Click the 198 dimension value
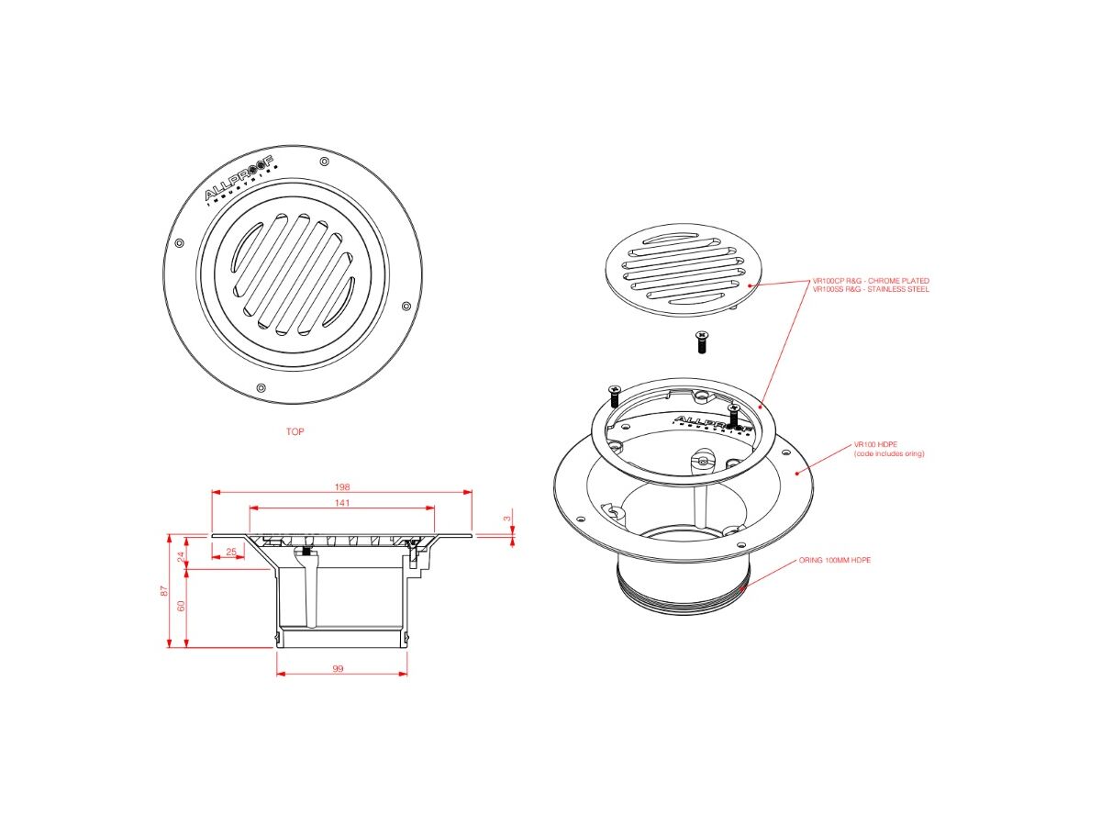click(x=342, y=486)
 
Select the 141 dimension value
click(x=342, y=503)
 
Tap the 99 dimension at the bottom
click(x=338, y=669)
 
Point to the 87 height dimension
click(x=164, y=591)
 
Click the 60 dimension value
click(x=181, y=606)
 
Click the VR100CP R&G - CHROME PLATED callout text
click(x=871, y=281)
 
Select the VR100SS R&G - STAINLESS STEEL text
click(x=871, y=289)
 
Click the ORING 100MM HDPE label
click(x=834, y=559)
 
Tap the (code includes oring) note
click(x=888, y=453)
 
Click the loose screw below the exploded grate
click(x=701, y=342)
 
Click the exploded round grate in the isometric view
click(x=680, y=268)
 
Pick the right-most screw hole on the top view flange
click(x=406, y=305)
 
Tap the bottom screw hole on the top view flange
click(x=261, y=387)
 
